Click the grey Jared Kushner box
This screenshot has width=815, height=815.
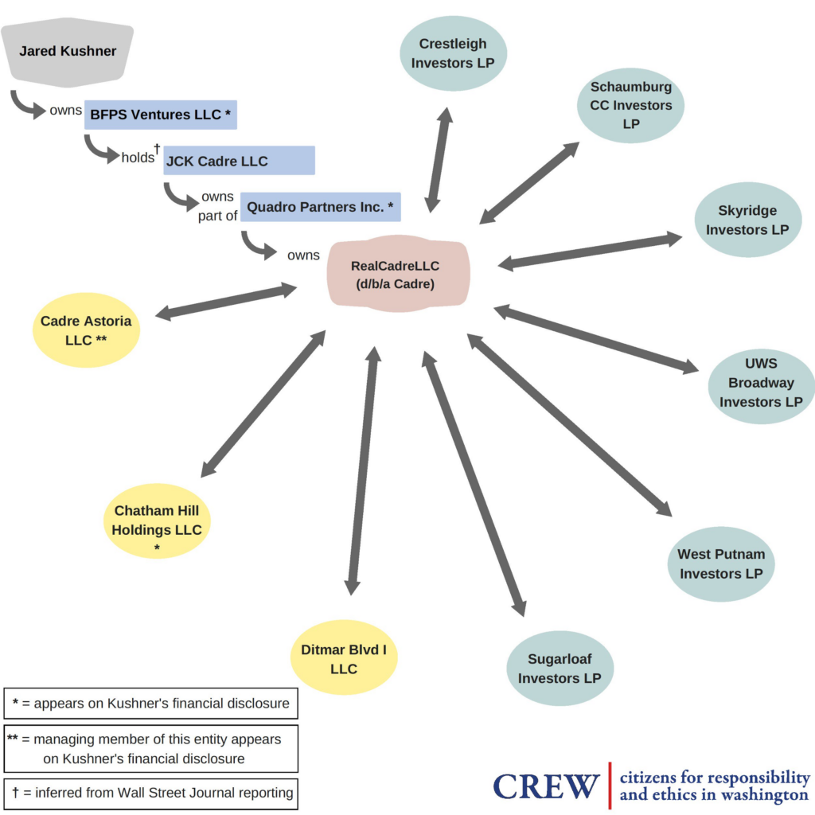click(x=68, y=52)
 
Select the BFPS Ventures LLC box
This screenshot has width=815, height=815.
click(x=161, y=115)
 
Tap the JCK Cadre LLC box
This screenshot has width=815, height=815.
click(x=239, y=160)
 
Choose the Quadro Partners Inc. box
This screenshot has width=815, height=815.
click(x=320, y=207)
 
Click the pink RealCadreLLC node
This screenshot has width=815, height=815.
click(x=398, y=274)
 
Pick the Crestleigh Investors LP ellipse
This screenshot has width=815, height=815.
click(x=453, y=53)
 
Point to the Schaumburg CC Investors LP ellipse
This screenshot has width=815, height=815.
click(x=630, y=106)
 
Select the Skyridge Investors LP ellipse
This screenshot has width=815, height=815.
click(x=748, y=220)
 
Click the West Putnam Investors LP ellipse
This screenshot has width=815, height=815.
click(x=721, y=564)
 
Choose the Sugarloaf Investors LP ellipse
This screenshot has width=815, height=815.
click(x=560, y=669)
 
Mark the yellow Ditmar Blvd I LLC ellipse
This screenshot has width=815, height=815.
click(x=344, y=657)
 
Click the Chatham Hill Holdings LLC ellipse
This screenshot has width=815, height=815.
click(x=157, y=521)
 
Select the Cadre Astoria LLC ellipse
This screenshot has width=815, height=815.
click(x=86, y=330)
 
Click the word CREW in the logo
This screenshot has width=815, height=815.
click(x=546, y=786)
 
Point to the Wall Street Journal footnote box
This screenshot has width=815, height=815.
click(x=150, y=794)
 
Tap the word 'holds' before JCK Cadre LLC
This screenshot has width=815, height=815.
click(x=138, y=158)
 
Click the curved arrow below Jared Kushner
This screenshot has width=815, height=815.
click(x=27, y=106)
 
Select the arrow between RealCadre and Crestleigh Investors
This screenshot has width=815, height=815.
click(x=439, y=160)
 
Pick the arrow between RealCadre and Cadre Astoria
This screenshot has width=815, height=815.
click(x=226, y=302)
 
